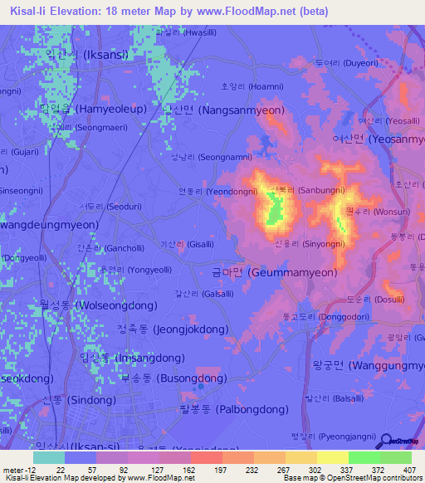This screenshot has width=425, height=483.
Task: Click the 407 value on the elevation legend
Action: click(408, 471)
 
